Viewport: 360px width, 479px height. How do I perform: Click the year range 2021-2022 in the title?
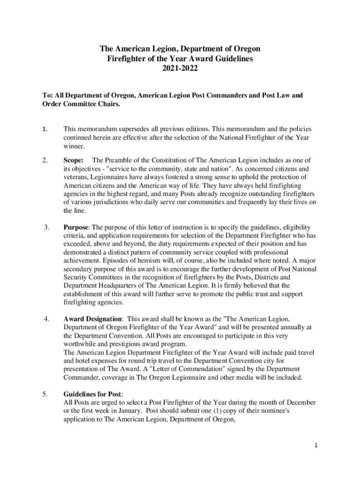click(x=180, y=68)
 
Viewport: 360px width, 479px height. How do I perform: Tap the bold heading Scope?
click(x=73, y=160)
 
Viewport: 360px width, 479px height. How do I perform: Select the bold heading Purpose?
click(x=76, y=227)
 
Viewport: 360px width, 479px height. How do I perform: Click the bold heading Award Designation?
click(x=93, y=319)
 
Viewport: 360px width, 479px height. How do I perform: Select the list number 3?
click(x=47, y=227)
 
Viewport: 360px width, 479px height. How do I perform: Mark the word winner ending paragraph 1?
click(x=73, y=146)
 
